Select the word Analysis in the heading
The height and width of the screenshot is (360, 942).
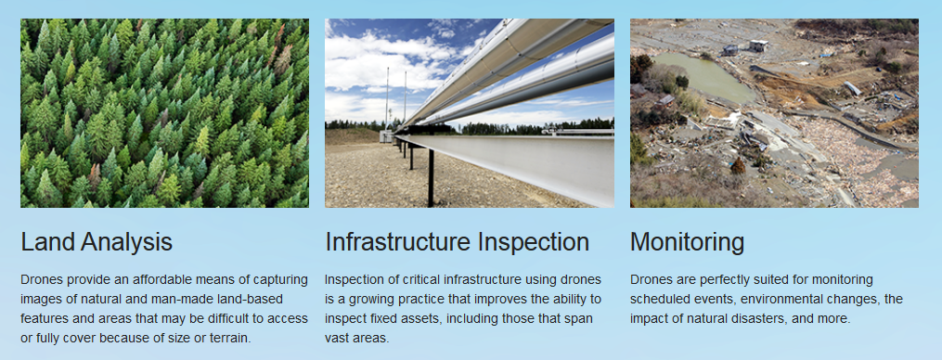click(x=126, y=242)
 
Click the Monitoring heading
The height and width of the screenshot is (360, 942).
click(x=688, y=242)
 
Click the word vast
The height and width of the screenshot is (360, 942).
click(x=336, y=338)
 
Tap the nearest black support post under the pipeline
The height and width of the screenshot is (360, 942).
click(x=431, y=178)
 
